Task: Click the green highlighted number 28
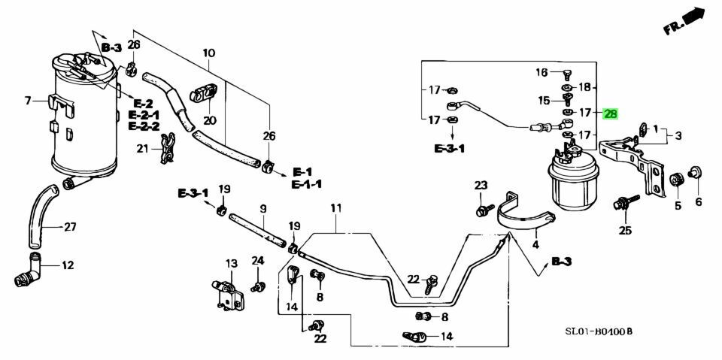(x=611, y=113)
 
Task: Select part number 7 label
(x=28, y=100)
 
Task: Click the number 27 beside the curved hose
(x=70, y=227)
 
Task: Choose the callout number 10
(x=209, y=53)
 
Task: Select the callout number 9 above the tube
(x=264, y=208)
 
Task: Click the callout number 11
(x=335, y=207)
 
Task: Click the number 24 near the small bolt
(x=258, y=261)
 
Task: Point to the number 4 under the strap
(x=535, y=244)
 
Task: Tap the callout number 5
(x=677, y=205)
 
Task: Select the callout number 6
(x=698, y=201)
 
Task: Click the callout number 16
(x=541, y=73)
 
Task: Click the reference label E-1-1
(x=308, y=184)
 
